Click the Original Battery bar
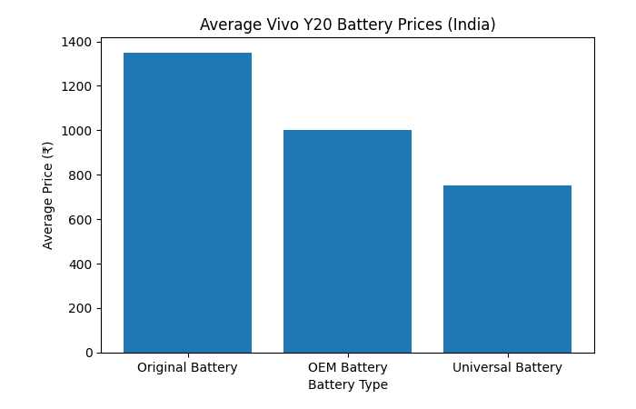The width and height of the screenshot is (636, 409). (x=187, y=203)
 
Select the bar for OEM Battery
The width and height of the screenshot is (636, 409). (x=347, y=241)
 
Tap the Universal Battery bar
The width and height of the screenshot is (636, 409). (x=507, y=269)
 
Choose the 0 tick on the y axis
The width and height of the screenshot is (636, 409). (x=89, y=353)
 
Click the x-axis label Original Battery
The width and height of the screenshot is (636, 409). (x=187, y=368)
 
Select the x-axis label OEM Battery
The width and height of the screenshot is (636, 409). (x=347, y=368)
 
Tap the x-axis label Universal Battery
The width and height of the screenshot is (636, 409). (x=507, y=368)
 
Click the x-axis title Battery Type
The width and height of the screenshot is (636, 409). (x=347, y=385)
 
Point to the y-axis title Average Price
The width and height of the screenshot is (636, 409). (x=48, y=197)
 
